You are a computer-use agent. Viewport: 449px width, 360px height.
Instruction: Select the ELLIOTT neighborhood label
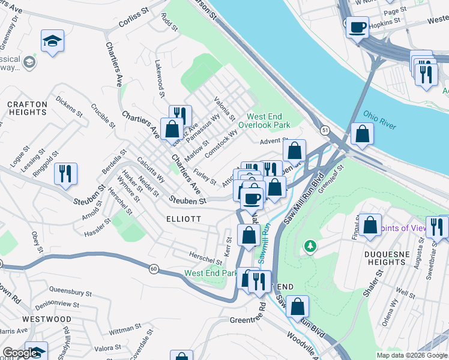184,219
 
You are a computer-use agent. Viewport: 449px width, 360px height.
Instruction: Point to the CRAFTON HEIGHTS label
27,109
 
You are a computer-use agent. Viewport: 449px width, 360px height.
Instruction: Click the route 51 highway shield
325,130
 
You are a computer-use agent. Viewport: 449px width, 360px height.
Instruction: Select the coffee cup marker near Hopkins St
357,28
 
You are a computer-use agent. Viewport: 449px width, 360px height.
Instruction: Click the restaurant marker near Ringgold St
65,173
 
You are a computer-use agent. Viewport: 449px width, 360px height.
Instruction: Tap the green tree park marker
310,245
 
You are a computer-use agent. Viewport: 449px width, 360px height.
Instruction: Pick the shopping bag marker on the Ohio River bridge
362,134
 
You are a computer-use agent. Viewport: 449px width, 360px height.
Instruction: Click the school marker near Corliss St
52,41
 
